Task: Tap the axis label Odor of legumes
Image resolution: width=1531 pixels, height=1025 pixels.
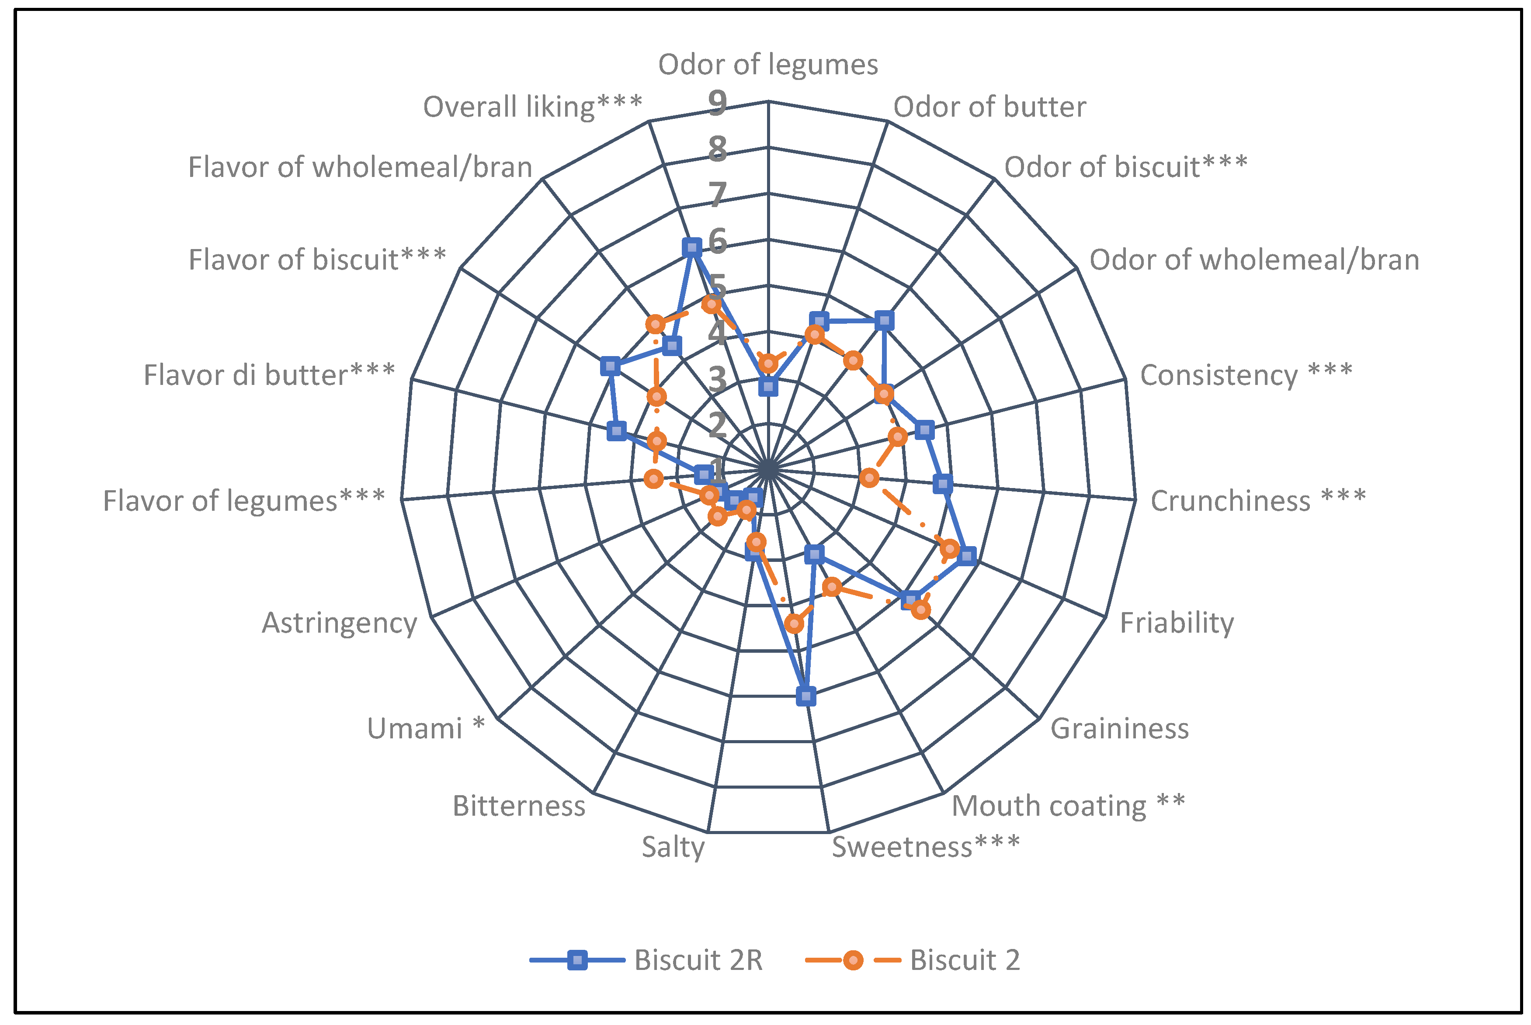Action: (767, 64)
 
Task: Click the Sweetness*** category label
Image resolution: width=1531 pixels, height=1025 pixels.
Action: (925, 847)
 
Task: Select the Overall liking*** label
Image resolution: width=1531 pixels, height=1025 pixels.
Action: (533, 107)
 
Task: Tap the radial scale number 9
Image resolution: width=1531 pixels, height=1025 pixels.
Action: (717, 103)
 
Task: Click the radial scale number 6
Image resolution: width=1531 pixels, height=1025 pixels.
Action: (717, 241)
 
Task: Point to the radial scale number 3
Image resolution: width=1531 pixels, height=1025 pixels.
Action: (717, 380)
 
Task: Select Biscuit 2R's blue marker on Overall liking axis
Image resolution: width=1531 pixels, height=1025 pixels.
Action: (691, 247)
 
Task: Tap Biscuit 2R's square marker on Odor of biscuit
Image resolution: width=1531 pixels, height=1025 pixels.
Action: (884, 320)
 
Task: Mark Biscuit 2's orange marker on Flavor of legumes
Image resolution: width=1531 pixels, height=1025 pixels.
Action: (654, 479)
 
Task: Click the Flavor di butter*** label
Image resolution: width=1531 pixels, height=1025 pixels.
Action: (269, 375)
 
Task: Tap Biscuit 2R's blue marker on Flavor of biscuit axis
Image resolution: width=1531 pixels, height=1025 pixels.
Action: (610, 366)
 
